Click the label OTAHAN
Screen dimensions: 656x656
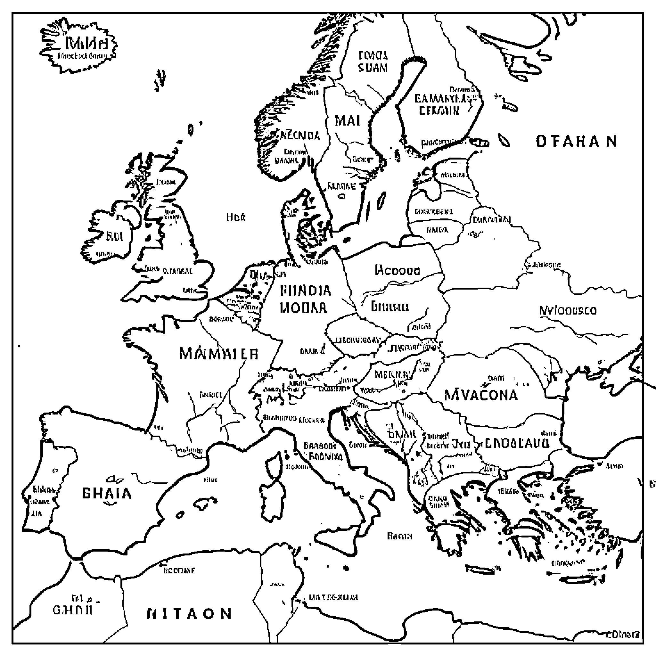(576, 141)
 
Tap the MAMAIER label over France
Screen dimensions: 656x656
(219, 354)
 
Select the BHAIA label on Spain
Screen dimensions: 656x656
(107, 493)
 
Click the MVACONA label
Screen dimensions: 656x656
(481, 395)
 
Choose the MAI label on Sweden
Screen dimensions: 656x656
(347, 121)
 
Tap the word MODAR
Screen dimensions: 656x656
(303, 307)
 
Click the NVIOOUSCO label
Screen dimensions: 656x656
(568, 311)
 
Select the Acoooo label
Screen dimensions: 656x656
(397, 271)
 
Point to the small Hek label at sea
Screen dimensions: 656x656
(236, 217)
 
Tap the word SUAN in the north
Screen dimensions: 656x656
(373, 68)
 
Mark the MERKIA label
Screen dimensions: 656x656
(391, 375)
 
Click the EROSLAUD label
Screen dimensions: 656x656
(517, 443)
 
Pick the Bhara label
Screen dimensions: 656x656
(389, 307)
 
